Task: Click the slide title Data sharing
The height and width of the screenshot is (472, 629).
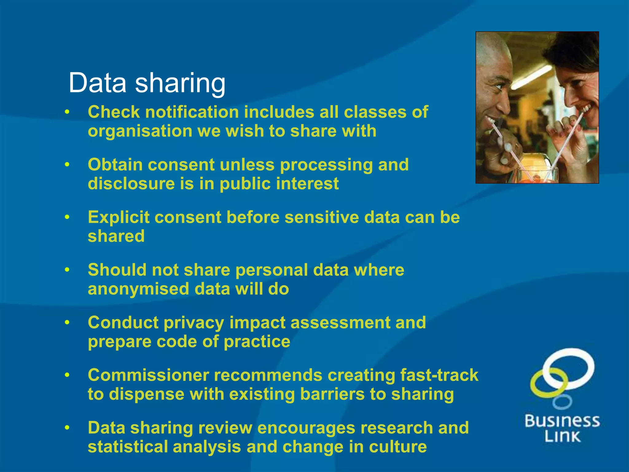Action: (x=147, y=83)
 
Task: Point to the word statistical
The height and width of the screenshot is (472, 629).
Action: (x=128, y=447)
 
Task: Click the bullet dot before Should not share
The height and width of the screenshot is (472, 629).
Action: (x=67, y=270)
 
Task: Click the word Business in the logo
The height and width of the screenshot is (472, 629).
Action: (x=562, y=421)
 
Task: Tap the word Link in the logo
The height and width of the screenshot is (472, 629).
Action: (x=562, y=437)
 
